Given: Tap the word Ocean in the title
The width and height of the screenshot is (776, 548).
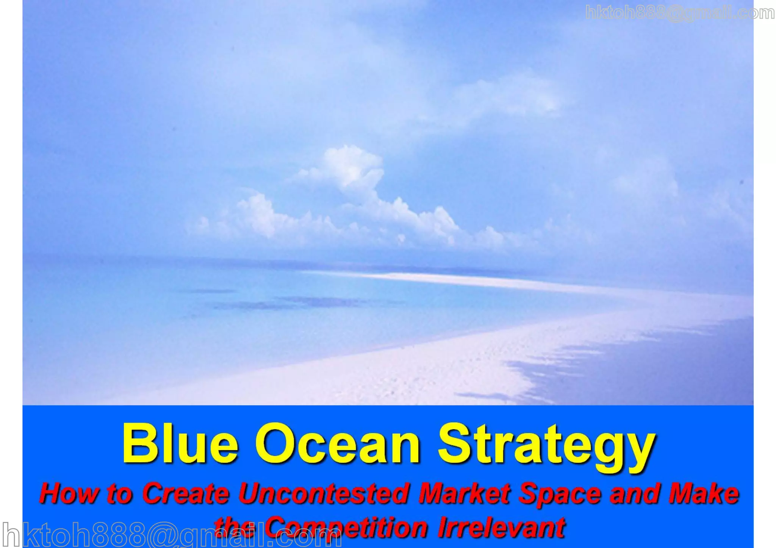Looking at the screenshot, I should click(338, 444).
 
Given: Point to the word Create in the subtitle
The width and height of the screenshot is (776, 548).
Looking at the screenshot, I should click(186, 493).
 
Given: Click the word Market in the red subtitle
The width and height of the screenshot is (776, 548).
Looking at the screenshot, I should click(465, 493).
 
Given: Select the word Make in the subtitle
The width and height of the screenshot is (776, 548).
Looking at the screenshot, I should click(704, 493).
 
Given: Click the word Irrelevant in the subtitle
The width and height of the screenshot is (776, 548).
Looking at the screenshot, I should click(501, 527).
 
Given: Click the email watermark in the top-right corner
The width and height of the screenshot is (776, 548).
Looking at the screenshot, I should click(680, 13).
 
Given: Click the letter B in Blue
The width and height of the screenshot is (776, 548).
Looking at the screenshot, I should click(138, 443).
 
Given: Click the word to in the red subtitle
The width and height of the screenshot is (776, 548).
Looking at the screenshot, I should click(119, 493).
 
